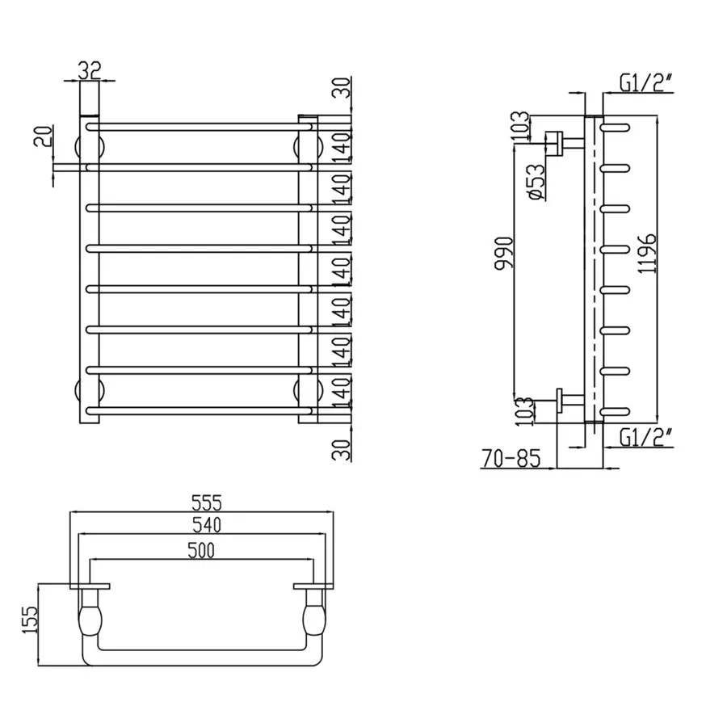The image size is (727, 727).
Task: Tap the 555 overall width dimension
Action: click(205, 502)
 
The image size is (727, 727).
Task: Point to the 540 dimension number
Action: click(205, 526)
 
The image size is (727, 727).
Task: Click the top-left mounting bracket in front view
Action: click(90, 147)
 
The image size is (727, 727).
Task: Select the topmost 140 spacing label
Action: click(345, 144)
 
